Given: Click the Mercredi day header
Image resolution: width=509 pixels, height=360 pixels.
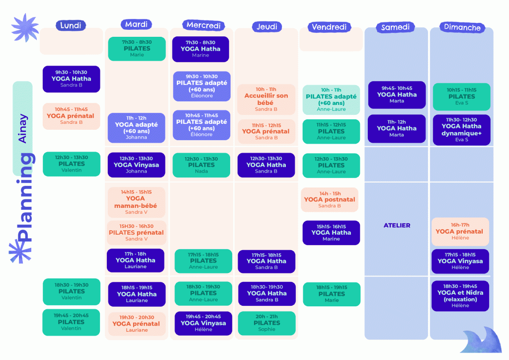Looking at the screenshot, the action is coord(203,25).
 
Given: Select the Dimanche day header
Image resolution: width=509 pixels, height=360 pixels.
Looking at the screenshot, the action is coord(462,27).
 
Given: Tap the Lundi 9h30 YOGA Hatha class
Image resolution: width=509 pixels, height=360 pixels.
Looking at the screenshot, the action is coord(72,79).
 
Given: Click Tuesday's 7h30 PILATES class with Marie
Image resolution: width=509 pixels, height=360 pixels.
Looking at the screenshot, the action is coord(137,49).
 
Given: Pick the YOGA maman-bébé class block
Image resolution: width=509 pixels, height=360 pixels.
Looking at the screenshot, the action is coord(136,202).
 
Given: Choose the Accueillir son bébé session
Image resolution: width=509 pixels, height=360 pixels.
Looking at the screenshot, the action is coord(266,99).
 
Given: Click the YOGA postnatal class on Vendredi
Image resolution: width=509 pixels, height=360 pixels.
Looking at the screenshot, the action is coord(330,199).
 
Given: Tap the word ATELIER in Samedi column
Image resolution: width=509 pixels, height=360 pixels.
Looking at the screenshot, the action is coord(397,225).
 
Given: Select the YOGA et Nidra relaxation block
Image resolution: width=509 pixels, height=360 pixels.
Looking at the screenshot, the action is coord(460,296).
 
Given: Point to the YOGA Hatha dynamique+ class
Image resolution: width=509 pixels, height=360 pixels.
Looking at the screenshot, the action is coord(462,130).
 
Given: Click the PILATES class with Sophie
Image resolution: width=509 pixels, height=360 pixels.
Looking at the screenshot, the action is coord(267,323).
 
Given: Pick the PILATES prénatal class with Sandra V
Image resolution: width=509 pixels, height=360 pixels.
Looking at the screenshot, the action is coord(136,232).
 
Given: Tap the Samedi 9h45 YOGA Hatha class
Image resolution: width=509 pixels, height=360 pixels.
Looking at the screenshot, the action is coord(397,95).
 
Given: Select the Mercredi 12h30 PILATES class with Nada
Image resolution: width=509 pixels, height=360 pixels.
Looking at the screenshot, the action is coord(201,165).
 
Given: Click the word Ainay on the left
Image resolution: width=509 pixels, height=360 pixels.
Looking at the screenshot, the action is coord(22,129).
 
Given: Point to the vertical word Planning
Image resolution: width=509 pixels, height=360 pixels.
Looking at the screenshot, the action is coord(25,197).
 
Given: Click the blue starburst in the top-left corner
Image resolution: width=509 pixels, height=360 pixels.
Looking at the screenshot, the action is coord(25,28).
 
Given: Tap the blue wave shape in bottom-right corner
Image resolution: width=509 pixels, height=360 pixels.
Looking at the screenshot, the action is coord(482,341).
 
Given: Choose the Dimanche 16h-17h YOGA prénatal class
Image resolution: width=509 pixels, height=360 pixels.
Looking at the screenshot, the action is coord(460,231).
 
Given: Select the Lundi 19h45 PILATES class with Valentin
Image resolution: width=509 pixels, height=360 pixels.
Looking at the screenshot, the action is coord(71,322).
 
